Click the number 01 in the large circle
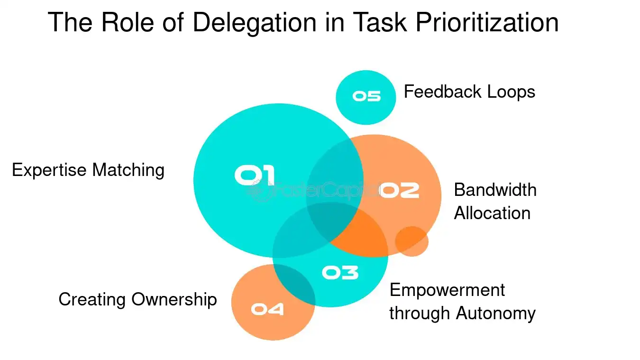(255, 175)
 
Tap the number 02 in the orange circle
(400, 190)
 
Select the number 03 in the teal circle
(340, 272)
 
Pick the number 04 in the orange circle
(267, 309)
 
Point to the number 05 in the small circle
(366, 96)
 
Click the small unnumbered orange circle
(411, 241)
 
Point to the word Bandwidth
(495, 190)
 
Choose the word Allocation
(492, 213)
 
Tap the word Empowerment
(447, 290)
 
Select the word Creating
(92, 300)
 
